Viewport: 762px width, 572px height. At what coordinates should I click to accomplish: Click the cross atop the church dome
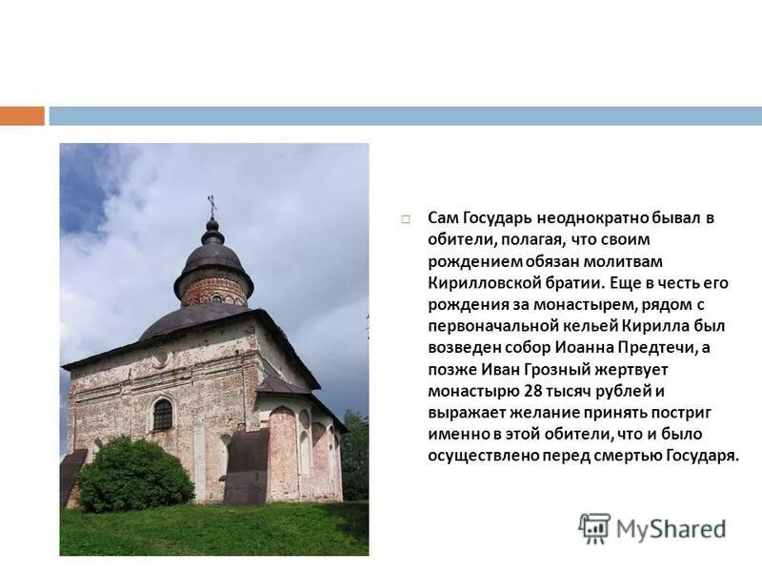(212, 206)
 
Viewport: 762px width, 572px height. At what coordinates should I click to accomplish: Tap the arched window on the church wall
(163, 414)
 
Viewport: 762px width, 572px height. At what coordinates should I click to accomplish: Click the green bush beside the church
(135, 474)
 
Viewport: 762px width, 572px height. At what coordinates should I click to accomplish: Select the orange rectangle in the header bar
(22, 116)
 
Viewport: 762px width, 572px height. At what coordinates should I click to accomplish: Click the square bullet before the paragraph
(406, 219)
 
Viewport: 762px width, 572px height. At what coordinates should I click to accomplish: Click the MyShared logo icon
(594, 528)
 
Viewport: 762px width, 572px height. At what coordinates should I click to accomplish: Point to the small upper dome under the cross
(212, 255)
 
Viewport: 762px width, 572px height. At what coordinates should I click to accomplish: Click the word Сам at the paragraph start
(441, 218)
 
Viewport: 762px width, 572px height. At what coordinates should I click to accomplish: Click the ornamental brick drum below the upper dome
(213, 289)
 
